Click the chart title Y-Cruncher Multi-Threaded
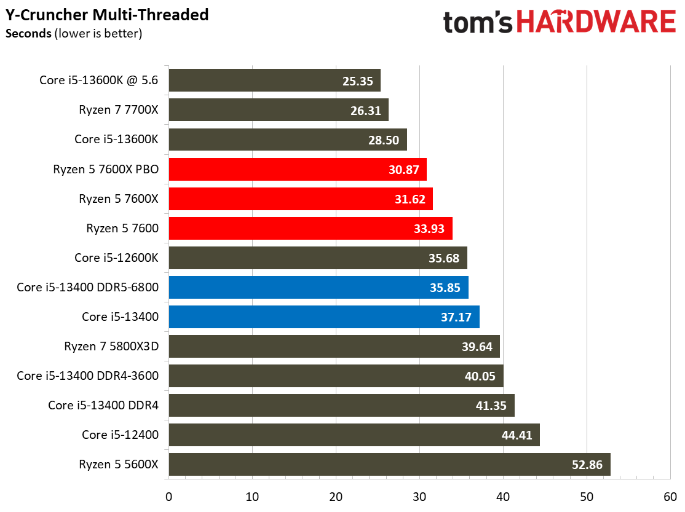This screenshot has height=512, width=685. [107, 14]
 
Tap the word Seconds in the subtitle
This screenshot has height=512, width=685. [28, 34]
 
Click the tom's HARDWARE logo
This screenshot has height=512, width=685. [559, 23]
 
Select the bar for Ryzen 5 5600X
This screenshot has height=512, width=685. [389, 465]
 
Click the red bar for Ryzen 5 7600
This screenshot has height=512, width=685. [310, 229]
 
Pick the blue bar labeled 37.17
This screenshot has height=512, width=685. [323, 317]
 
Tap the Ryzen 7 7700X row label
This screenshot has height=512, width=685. [119, 110]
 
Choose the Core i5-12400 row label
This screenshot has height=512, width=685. [120, 435]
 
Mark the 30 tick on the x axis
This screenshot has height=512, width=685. [419, 496]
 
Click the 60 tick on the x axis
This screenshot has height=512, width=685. [670, 496]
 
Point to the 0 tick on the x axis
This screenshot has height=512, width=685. [168, 496]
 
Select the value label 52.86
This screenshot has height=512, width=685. [587, 465]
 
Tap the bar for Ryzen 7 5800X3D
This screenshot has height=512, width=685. [333, 347]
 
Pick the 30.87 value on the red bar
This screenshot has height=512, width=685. [403, 170]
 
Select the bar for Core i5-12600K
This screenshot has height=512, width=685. [317, 258]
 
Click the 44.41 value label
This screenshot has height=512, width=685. [517, 435]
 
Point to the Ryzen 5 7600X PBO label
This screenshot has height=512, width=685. [106, 169]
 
